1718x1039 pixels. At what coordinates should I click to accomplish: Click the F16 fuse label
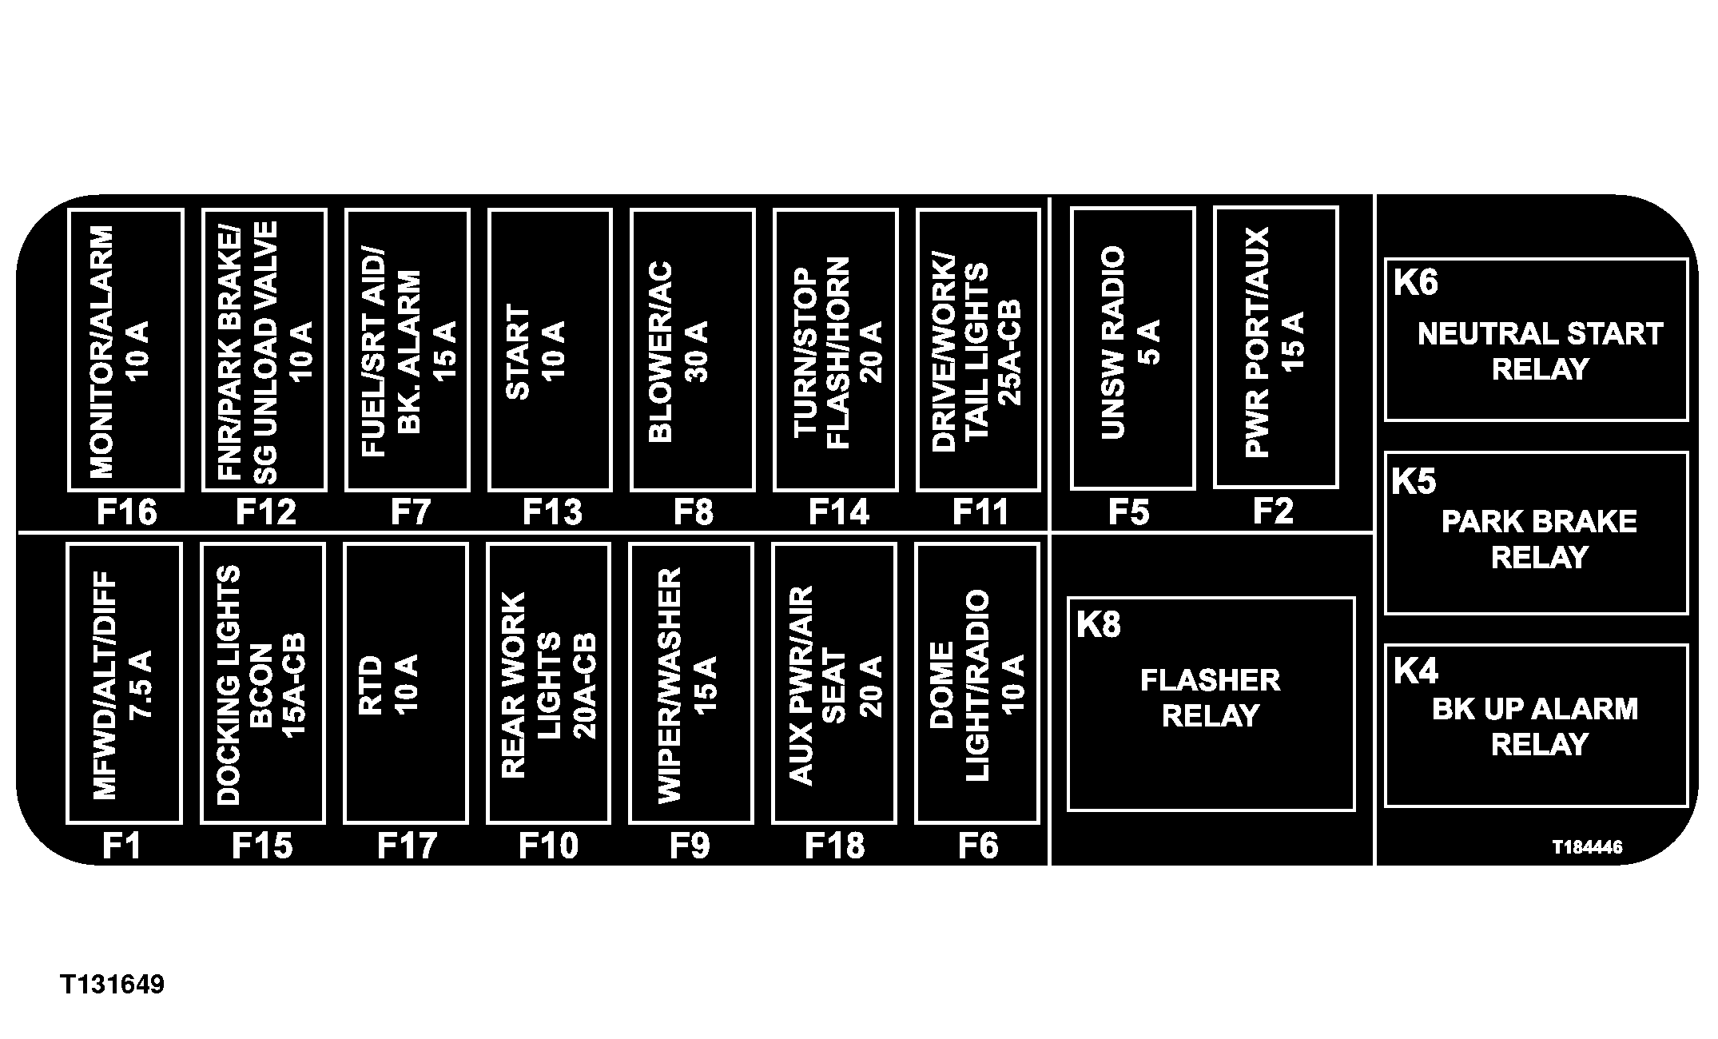(x=126, y=512)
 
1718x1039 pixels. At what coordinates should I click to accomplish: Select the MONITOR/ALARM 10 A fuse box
(x=125, y=350)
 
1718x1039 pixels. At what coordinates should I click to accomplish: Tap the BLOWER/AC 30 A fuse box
(x=692, y=350)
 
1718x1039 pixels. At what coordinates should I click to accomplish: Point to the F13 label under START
(x=552, y=512)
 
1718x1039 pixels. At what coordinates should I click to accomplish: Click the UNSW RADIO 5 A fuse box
(x=1132, y=348)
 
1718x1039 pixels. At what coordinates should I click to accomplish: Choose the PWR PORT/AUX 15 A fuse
(x=1275, y=348)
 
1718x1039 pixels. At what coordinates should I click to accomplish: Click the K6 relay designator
(x=1415, y=283)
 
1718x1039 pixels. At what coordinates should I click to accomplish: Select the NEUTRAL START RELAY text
(x=1540, y=352)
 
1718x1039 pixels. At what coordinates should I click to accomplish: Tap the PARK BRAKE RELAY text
(x=1539, y=539)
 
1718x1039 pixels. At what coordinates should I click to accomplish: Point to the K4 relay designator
(x=1415, y=671)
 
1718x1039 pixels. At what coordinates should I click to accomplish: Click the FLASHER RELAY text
(x=1210, y=698)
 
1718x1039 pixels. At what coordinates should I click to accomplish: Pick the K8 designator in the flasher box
(x=1098, y=625)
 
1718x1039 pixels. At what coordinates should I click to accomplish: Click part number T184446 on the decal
(x=1587, y=847)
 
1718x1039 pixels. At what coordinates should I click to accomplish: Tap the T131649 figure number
(x=112, y=984)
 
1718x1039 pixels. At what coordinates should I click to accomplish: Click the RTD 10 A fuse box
(x=405, y=683)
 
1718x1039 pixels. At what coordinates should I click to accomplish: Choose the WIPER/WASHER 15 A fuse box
(x=690, y=683)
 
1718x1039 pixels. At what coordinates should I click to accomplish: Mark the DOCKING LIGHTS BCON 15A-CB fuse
(x=262, y=683)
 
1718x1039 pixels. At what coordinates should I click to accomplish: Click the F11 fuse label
(x=980, y=512)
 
